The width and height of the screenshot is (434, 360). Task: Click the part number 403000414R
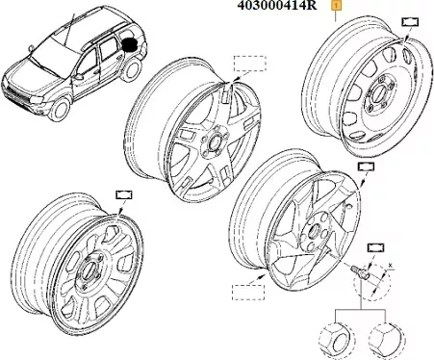point(276,5)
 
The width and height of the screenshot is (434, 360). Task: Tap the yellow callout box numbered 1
point(336,6)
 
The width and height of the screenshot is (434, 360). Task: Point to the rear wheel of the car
point(133,70)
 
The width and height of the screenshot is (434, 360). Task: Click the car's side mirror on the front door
point(78,77)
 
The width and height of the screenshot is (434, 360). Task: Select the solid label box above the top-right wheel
point(410,22)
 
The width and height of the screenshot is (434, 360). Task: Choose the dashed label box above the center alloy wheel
point(249,64)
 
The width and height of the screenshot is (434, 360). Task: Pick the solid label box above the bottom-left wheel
point(124,195)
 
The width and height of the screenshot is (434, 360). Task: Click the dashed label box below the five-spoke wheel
point(248,292)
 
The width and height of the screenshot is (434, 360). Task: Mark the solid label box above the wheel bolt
point(375,247)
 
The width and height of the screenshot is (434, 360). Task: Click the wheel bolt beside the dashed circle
point(359,271)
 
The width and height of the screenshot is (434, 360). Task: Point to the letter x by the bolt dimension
point(391,266)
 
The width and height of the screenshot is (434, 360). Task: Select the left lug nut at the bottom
point(337,340)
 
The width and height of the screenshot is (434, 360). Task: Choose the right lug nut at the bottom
point(386,340)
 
